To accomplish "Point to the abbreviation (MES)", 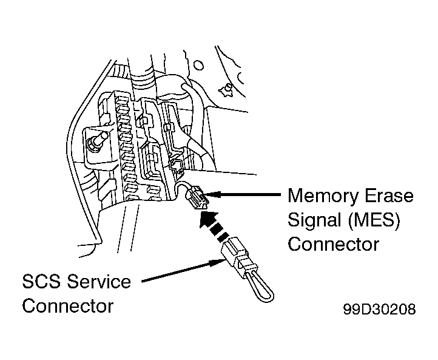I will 379,220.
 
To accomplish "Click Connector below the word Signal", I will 333,244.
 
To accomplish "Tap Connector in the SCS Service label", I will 67,305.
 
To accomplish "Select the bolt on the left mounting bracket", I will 96,143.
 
